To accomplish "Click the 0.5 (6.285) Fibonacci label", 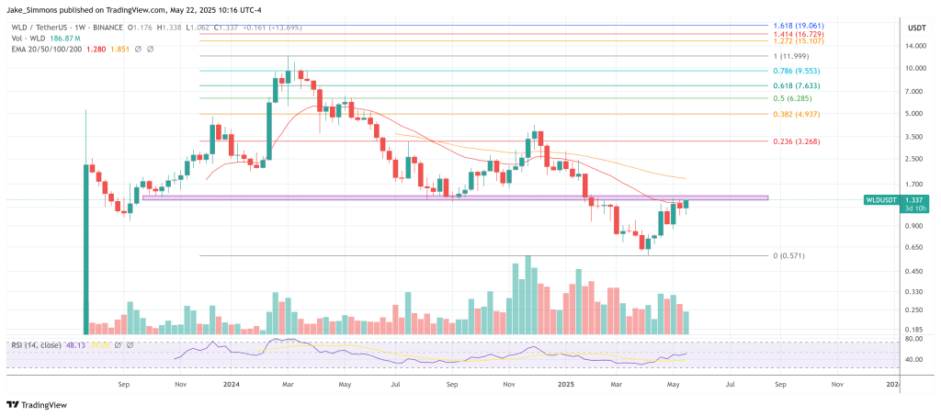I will click(790, 98).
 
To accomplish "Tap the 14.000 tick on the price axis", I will click(915, 45).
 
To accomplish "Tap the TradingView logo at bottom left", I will click(38, 404).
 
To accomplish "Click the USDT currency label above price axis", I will click(916, 28).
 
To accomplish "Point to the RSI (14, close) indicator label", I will click(36, 345).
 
